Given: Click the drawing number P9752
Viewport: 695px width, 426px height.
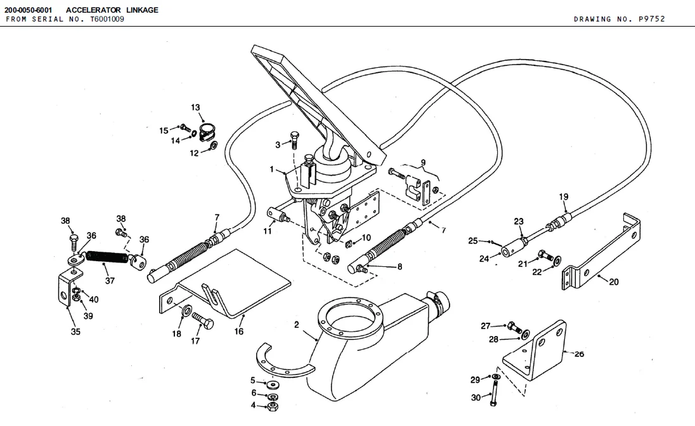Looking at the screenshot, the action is coord(652,19).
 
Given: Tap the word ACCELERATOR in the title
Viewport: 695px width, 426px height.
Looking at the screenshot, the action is coord(93,10).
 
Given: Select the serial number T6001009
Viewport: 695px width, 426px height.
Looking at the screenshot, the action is coord(107,19).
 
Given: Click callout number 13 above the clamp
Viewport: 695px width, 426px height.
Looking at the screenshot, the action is coord(195,107).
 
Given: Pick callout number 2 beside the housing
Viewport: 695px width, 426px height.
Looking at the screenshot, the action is coord(297,325).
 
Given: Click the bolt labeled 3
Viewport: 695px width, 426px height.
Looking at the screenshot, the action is coord(294,139).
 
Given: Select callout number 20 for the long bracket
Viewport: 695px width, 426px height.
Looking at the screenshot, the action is coord(614,282).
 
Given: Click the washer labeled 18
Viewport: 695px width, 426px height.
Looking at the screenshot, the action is coord(186,309).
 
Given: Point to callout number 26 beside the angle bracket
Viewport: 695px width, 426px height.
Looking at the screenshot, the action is coord(580,354).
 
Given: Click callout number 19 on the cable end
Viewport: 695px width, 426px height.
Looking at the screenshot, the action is coord(563,197).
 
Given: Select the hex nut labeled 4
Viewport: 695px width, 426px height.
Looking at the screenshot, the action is coord(273,406).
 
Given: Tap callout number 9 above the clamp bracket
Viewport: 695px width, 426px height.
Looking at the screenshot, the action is coord(424,163).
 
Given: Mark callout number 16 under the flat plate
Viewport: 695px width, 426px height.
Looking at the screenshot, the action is coord(239,332).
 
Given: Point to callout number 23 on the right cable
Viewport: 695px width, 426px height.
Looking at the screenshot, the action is coord(519,221).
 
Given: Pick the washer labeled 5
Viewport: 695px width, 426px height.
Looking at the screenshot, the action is coord(273,384).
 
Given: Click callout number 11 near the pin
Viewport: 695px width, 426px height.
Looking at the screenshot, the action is coord(267,231).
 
